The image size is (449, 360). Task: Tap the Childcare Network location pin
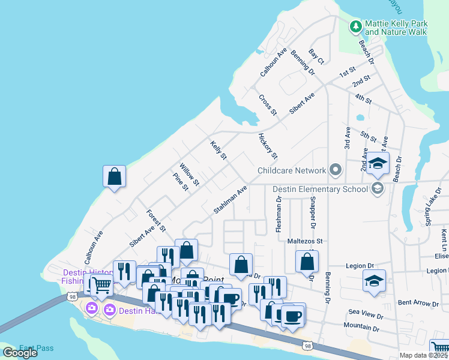pyautogui.click(x=335, y=171)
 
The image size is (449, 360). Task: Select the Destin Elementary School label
pyautogui.click(x=320, y=190)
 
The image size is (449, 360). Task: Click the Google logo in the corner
pyautogui.click(x=20, y=353)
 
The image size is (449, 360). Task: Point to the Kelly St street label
pyautogui.click(x=218, y=150)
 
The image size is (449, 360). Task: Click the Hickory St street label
pyautogui.click(x=268, y=146)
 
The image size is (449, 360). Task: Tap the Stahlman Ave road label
pyautogui.click(x=231, y=200)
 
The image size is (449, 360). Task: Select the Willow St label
pyautogui.click(x=189, y=174)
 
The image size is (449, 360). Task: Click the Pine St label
pyautogui.click(x=181, y=182)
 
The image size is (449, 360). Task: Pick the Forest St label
pyautogui.click(x=155, y=220)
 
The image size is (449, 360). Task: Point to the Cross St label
pyautogui.click(x=268, y=104)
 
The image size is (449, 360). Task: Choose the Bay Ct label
pyautogui.click(x=316, y=57)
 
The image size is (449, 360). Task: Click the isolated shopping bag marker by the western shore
pyautogui.click(x=114, y=177)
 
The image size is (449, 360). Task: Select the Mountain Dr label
pyautogui.click(x=362, y=329)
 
